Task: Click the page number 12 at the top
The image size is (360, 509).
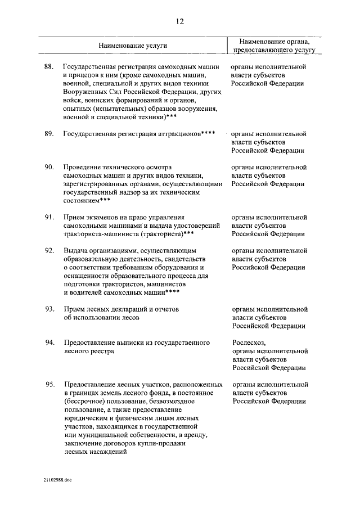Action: [179, 22]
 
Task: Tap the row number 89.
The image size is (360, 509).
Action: [49, 134]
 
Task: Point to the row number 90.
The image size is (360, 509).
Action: [49, 167]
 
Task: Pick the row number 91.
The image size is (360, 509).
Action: [49, 217]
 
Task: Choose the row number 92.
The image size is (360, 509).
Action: [49, 250]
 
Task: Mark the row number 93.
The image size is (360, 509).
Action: [49, 309]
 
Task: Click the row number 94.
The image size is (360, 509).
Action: [49, 343]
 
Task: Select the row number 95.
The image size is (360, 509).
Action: [49, 384]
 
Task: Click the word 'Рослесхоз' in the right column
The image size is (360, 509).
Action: [249, 343]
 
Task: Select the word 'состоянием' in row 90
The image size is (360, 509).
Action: [81, 200]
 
